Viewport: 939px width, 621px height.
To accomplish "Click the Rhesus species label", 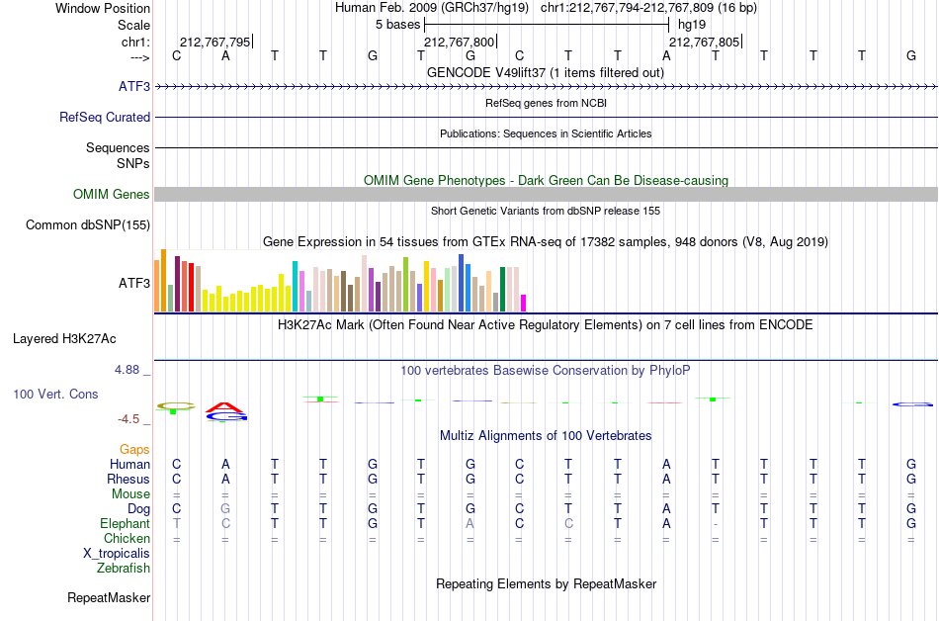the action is [x=128, y=479].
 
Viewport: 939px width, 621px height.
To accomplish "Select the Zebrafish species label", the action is [x=124, y=568].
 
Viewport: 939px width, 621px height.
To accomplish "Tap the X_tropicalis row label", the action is [x=117, y=554].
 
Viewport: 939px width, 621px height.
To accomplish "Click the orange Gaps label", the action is [x=134, y=450].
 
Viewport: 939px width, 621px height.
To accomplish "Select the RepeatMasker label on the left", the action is [x=109, y=597].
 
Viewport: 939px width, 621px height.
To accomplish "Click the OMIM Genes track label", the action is [x=112, y=195].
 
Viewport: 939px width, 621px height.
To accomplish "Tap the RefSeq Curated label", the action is [x=105, y=118].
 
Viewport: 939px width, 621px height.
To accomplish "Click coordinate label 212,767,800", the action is [x=460, y=42].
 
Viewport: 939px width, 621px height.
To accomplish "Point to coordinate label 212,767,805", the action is [x=704, y=42].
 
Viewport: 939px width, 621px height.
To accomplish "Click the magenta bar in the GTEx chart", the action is [x=524, y=303].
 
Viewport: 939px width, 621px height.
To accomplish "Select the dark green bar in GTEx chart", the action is [x=503, y=290].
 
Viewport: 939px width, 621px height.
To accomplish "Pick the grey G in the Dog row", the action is [x=225, y=509].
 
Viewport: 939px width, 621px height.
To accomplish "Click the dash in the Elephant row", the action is [x=715, y=524].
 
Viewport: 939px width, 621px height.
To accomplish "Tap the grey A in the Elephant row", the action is [x=470, y=524].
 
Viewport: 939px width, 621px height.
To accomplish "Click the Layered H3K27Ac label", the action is [x=64, y=339].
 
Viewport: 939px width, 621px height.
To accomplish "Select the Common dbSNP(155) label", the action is [x=88, y=225].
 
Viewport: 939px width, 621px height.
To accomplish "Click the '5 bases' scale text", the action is [x=397, y=25].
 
